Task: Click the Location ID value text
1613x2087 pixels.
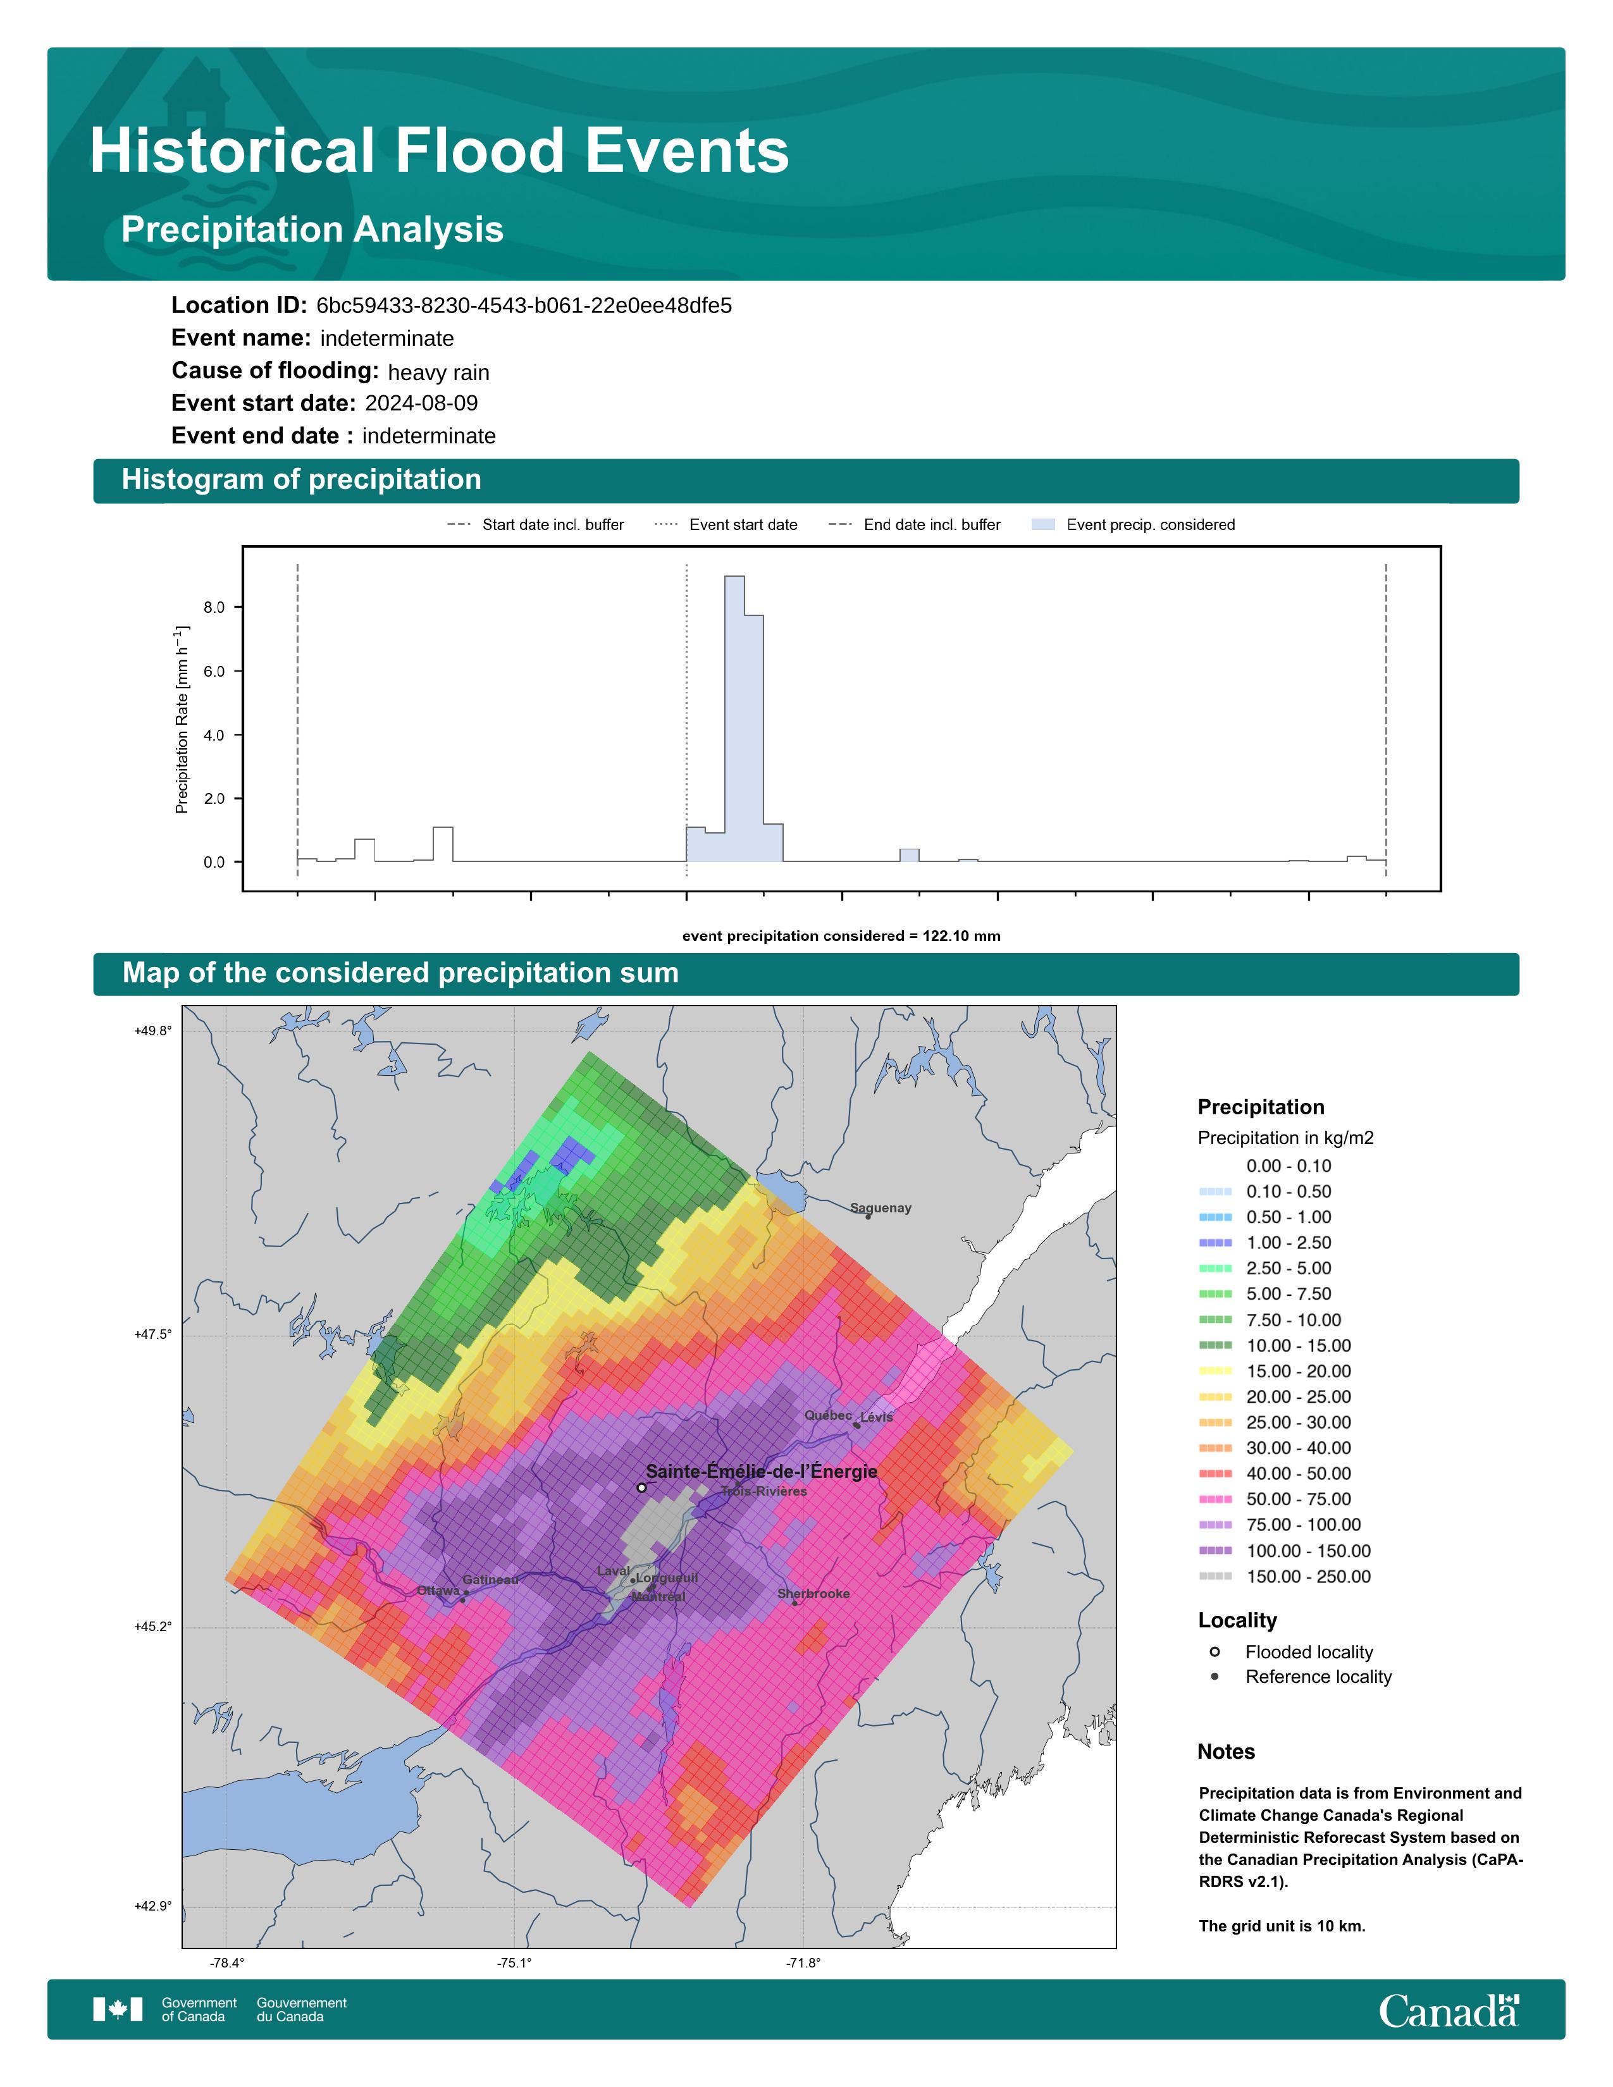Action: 524,306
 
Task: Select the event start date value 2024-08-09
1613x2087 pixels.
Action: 421,403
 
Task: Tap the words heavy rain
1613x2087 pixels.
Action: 438,372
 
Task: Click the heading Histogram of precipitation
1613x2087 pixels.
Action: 301,480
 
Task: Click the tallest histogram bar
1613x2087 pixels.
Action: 735,718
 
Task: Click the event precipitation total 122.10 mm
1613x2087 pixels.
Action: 961,937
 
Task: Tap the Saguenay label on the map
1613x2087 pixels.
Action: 881,1208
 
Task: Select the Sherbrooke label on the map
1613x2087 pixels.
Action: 813,1594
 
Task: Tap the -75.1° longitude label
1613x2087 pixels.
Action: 514,1964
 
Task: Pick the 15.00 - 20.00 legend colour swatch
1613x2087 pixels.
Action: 1216,1371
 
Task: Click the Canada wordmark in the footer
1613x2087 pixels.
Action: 1449,2012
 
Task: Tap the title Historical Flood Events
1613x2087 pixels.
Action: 440,151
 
